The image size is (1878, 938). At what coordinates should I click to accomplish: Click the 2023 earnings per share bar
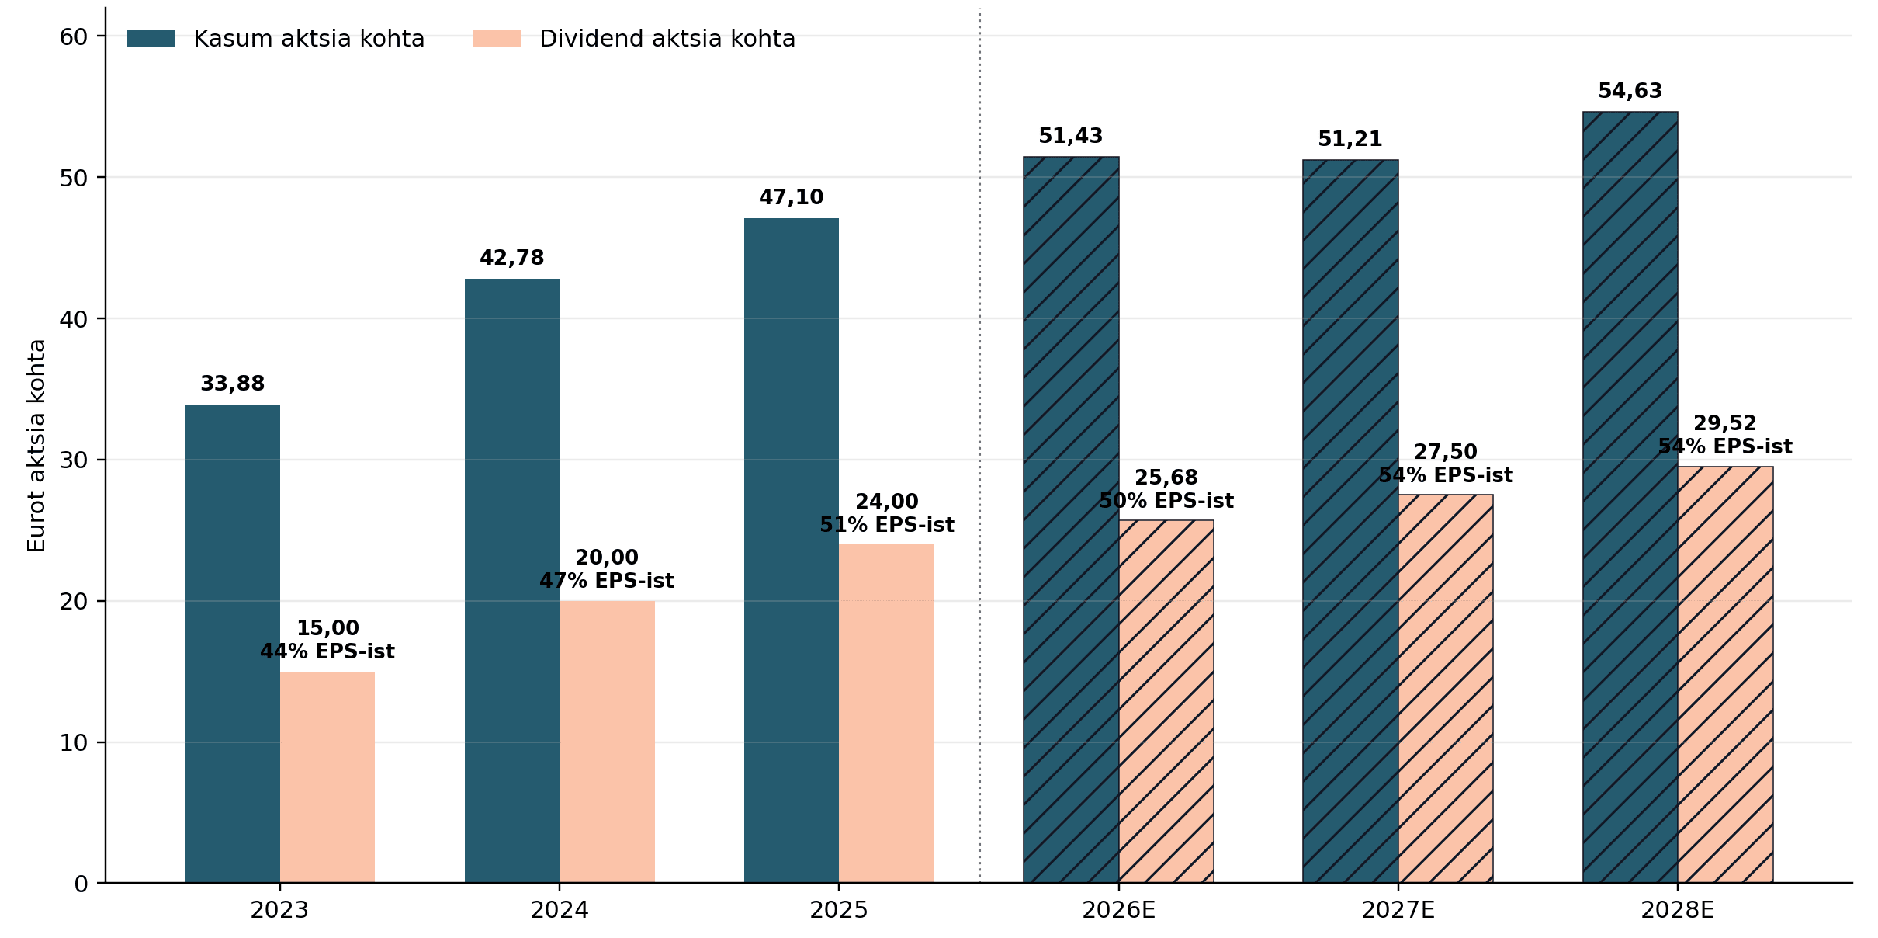(232, 644)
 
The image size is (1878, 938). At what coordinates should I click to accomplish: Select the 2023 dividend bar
(327, 777)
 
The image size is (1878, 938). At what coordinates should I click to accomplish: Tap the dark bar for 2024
(512, 581)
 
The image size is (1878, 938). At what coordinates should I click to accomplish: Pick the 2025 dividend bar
(886, 714)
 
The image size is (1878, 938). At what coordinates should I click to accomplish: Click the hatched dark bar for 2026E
(1071, 519)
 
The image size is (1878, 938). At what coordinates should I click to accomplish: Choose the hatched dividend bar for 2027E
(1446, 689)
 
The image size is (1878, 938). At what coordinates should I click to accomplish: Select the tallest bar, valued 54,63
(1630, 497)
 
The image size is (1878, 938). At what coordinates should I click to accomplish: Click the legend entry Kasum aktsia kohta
(276, 39)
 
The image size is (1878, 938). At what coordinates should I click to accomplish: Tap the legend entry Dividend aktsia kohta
(635, 39)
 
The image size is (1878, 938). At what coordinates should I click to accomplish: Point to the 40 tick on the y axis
(101, 318)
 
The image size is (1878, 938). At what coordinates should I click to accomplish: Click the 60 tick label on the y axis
(74, 36)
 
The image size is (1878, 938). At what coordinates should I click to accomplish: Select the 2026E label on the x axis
(1119, 910)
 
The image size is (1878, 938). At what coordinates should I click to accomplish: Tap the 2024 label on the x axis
(560, 910)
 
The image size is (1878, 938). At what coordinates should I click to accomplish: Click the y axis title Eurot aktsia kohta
(36, 446)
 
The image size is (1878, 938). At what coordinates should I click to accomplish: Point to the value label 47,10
(792, 197)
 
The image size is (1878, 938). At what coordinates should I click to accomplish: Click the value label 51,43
(1071, 136)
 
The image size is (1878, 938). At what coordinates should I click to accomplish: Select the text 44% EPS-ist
(327, 651)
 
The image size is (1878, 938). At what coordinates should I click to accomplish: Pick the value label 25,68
(1166, 478)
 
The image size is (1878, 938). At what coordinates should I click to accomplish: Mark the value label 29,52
(1725, 423)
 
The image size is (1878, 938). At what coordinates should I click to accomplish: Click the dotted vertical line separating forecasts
(979, 446)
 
